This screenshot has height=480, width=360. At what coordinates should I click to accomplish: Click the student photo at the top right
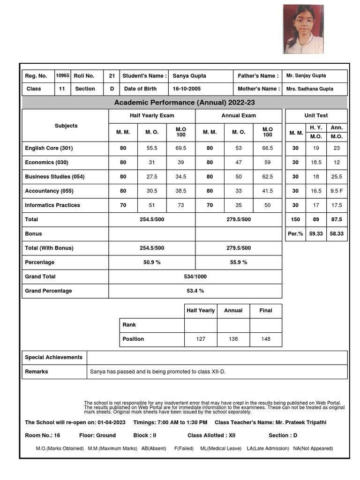click(x=303, y=29)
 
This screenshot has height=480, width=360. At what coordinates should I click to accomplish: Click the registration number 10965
click(x=62, y=75)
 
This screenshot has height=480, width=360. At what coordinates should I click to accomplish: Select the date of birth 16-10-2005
click(x=187, y=89)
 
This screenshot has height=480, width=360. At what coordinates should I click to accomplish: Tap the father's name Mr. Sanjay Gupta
click(x=306, y=75)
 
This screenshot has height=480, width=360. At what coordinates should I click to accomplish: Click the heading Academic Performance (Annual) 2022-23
click(x=184, y=103)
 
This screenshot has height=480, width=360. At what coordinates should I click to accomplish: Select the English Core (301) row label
click(x=49, y=148)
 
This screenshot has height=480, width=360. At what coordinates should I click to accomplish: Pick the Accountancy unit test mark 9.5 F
click(x=336, y=191)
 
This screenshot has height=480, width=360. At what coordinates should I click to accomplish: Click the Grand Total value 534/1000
click(x=195, y=277)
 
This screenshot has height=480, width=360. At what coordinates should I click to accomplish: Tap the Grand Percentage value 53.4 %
click(x=195, y=291)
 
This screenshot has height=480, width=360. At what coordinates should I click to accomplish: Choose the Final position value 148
click(x=266, y=339)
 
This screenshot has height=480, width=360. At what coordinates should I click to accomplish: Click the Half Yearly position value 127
click(x=201, y=339)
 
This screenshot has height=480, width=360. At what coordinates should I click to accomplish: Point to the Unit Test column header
click(x=316, y=115)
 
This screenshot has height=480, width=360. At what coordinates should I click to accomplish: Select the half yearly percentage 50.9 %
click(x=152, y=262)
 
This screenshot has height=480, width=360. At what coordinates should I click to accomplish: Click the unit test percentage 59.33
click(x=315, y=233)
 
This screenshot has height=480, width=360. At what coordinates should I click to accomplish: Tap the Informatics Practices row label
click(x=52, y=205)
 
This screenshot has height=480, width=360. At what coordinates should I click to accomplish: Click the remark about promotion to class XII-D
click(x=157, y=372)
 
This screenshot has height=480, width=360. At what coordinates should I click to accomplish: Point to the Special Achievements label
click(x=53, y=357)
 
